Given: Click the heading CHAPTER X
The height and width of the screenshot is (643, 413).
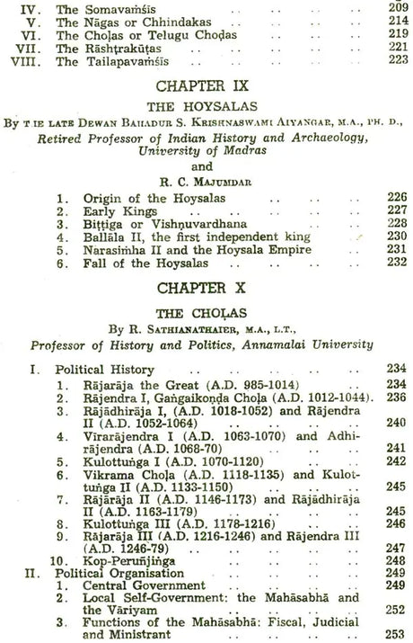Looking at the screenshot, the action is tap(206, 292).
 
